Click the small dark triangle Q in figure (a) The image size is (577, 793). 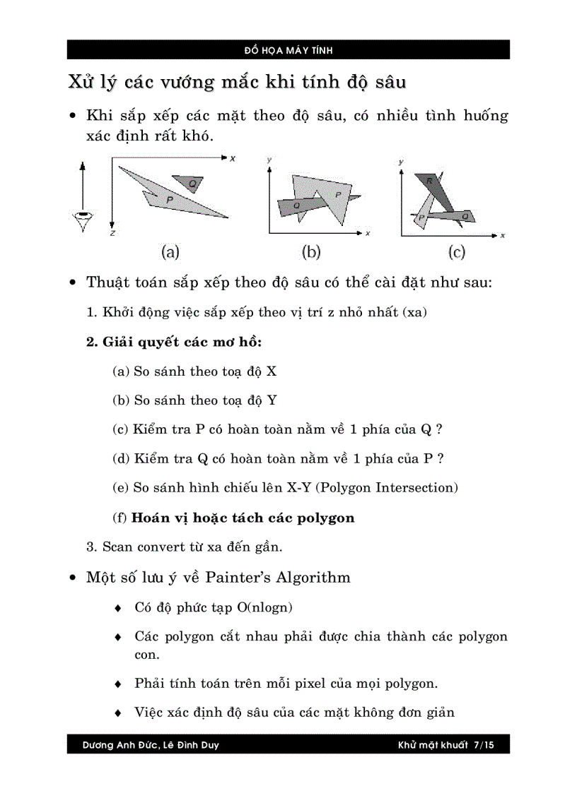pyautogui.click(x=190, y=183)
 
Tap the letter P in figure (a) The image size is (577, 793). pyautogui.click(x=170, y=201)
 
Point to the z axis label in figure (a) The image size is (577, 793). pyautogui.click(x=112, y=232)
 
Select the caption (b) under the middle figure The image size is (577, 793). pyautogui.click(x=311, y=251)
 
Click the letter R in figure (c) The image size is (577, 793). pyautogui.click(x=429, y=181)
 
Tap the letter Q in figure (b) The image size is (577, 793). pyautogui.click(x=296, y=205)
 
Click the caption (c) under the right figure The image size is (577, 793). pyautogui.click(x=457, y=251)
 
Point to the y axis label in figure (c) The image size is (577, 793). pyautogui.click(x=401, y=162)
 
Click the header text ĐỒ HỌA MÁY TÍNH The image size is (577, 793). pyautogui.click(x=288, y=50)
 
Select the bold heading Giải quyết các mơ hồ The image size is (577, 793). pyautogui.click(x=174, y=342)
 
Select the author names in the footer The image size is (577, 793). pyautogui.click(x=151, y=744)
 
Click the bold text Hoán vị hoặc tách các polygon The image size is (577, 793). pyautogui.click(x=243, y=518)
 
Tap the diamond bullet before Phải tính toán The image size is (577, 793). pyautogui.click(x=119, y=684)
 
